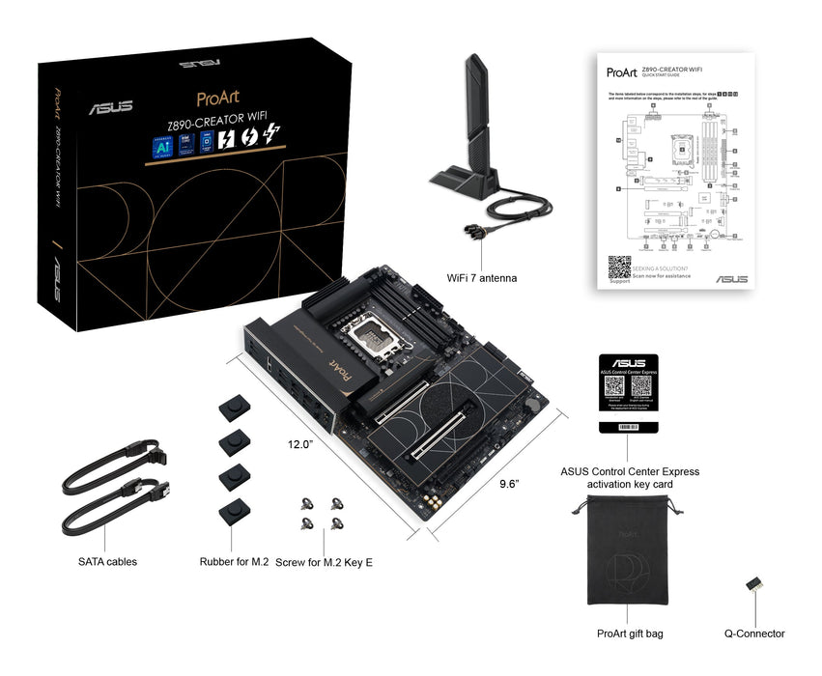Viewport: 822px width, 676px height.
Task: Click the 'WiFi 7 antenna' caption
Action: click(481, 278)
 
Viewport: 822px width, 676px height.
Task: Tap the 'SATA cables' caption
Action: click(107, 561)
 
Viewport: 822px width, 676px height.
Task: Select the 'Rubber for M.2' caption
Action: click(234, 561)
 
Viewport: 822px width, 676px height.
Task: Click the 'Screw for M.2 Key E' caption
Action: click(324, 561)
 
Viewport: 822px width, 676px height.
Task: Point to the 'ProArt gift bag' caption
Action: click(630, 634)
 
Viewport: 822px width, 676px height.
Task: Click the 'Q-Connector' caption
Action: click(753, 634)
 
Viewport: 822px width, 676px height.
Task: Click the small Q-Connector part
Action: click(753, 585)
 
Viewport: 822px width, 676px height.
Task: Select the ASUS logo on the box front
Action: click(111, 107)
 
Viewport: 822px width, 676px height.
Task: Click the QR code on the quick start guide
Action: click(619, 268)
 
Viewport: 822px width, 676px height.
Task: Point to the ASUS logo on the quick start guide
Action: click(731, 279)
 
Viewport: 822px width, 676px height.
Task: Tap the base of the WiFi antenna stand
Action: click(468, 182)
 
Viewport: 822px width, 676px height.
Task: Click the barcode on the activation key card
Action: click(628, 426)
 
